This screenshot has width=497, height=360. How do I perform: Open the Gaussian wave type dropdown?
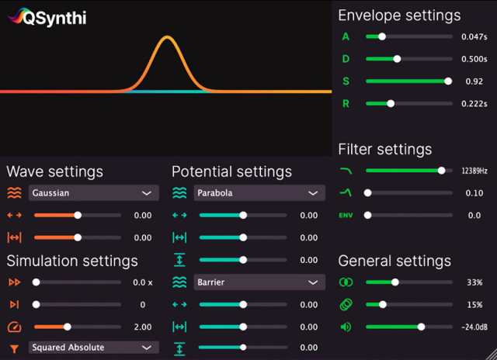93,193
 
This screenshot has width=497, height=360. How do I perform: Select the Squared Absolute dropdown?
93,348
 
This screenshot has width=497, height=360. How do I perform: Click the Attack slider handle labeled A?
381,36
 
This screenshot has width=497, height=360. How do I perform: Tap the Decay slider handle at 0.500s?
397,59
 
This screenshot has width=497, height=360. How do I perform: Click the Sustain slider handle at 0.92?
448,81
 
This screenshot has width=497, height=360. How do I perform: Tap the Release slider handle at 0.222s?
391,103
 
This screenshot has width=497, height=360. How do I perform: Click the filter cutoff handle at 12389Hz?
442,171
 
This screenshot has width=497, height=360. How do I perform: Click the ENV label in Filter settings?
346,216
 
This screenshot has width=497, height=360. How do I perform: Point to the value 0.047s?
473,36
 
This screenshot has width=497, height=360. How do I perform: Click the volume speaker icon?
346,327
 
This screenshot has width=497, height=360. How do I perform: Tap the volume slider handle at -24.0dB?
422,327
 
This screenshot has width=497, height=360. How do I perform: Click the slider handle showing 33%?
395,282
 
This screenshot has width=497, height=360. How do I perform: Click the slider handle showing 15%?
382,305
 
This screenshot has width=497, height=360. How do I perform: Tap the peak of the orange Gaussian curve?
167,36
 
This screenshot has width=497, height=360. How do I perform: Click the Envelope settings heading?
399,16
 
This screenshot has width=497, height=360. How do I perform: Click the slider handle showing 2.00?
68,327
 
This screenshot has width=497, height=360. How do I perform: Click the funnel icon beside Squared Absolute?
14,348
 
